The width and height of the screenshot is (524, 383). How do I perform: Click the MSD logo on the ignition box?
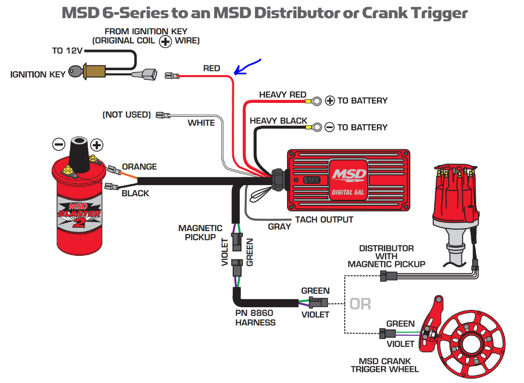click(349, 175)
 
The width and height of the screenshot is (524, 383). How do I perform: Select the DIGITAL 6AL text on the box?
click(348, 192)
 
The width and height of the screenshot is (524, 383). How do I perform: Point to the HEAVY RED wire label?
click(283, 95)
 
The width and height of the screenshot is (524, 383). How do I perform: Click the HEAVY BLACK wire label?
click(278, 121)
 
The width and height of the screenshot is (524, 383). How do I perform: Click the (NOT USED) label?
click(126, 115)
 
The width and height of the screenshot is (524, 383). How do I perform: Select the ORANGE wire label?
click(140, 167)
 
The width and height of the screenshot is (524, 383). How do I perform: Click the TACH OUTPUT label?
click(324, 220)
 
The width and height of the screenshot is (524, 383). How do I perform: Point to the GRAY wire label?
click(279, 227)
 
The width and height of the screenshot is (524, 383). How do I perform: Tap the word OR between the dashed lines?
click(360, 304)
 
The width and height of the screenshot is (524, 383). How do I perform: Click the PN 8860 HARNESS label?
click(255, 318)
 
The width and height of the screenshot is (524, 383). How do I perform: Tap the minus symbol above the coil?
click(58, 145)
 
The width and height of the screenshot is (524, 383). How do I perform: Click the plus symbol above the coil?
click(97, 145)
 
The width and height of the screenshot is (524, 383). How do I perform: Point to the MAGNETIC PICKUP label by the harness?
click(200, 233)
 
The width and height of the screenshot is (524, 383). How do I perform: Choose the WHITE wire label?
click(201, 123)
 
